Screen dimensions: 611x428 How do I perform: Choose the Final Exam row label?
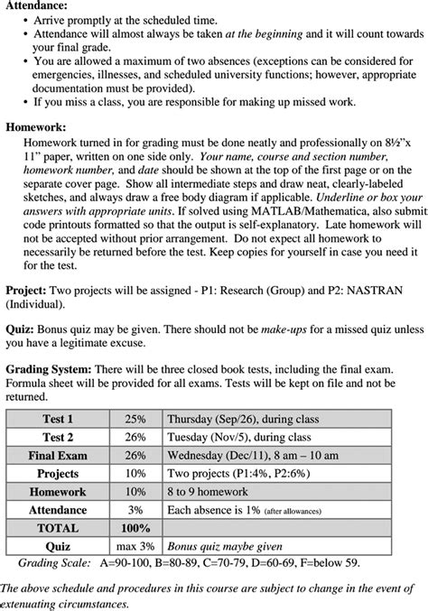pos(58,456)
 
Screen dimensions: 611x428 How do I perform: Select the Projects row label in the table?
pos(58,474)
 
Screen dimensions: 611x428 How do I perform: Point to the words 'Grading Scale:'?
pos(54,562)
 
